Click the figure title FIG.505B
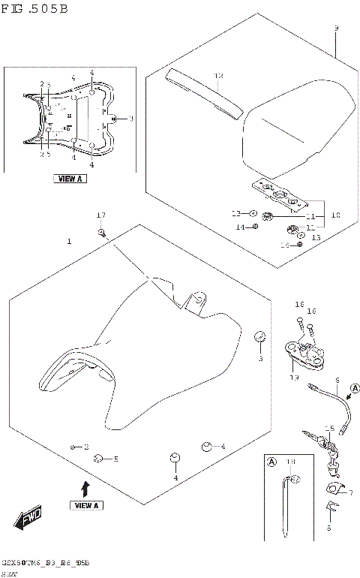(x=35, y=9)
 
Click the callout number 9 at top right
(x=336, y=29)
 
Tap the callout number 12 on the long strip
(x=219, y=76)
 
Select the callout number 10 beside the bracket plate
(x=335, y=215)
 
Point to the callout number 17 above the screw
(x=101, y=216)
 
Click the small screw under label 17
(x=100, y=233)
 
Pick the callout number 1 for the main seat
(x=69, y=242)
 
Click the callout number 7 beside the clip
(x=350, y=493)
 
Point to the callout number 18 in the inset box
(x=290, y=461)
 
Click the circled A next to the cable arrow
(x=355, y=388)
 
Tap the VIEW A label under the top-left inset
(x=70, y=179)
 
